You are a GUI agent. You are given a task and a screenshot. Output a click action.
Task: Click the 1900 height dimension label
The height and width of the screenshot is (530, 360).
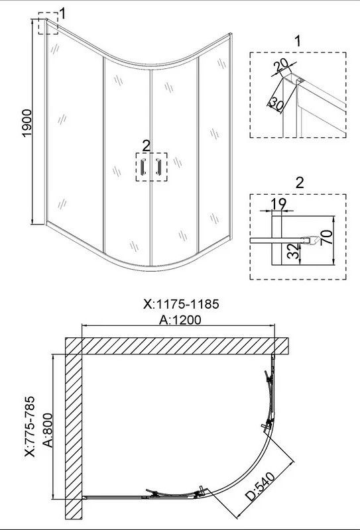pos(27,123)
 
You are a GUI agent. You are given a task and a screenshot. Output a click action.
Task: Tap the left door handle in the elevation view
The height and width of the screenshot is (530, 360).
pos(143,166)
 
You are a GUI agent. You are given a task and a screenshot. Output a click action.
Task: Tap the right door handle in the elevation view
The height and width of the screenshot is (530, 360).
pos(158,166)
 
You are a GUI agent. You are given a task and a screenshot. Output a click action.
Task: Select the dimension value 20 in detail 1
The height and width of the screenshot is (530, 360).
pos(280,65)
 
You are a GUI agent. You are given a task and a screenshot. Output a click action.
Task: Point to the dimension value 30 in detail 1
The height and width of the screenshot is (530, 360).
pos(276,104)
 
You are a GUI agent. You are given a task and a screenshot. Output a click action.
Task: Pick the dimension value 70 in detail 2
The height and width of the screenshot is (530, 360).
pos(326,238)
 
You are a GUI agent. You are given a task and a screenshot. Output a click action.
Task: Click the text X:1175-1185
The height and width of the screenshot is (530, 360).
pos(181,304)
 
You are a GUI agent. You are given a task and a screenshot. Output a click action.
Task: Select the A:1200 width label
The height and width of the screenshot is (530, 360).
pos(180,319)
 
